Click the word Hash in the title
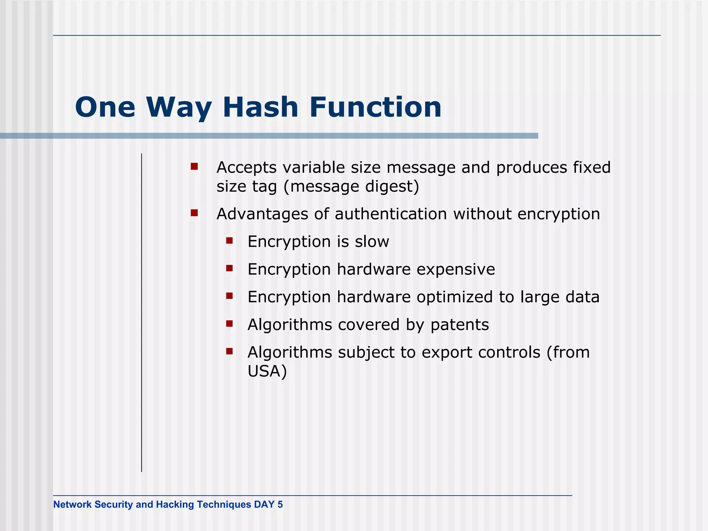(x=260, y=107)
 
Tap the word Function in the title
(x=375, y=107)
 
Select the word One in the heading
(x=105, y=107)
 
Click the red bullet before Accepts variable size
(x=194, y=167)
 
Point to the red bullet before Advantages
(x=194, y=213)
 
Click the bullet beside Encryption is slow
(x=230, y=241)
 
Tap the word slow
(x=372, y=241)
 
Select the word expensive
(x=456, y=269)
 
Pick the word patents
(x=459, y=325)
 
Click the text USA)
(x=267, y=371)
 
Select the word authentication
(x=391, y=214)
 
